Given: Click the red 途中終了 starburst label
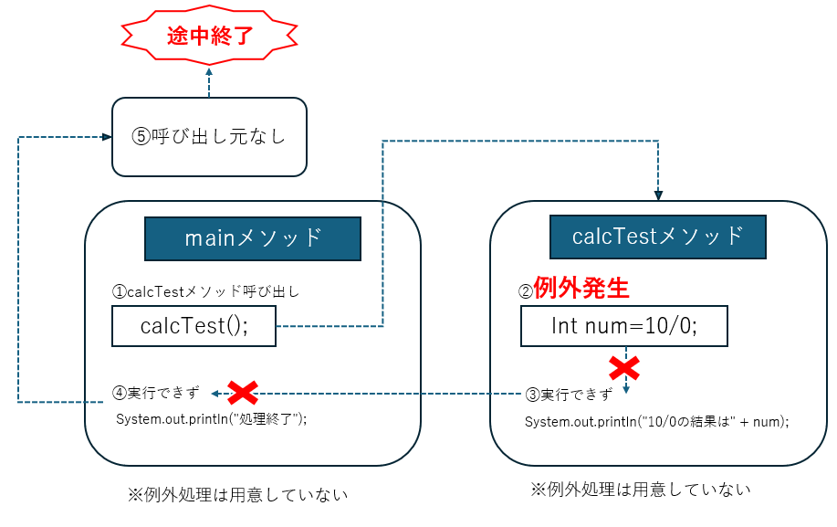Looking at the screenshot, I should (209, 36).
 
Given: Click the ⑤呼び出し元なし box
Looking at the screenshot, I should (209, 137).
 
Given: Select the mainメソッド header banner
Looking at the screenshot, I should (253, 238).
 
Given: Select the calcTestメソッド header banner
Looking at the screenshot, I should (657, 237).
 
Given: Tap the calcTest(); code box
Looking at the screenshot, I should (194, 326).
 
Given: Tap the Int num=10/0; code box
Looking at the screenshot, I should (624, 326).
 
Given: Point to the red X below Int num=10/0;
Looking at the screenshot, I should (624, 368).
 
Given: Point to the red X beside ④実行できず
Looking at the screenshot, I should (242, 394).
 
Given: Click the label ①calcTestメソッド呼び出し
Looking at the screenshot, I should (205, 292).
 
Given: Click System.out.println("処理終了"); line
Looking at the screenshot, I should (211, 419).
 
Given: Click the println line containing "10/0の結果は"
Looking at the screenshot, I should (656, 422).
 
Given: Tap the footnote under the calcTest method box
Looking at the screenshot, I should (641, 490).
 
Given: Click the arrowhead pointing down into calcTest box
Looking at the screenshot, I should (657, 195).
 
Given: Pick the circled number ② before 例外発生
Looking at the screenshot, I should (525, 291).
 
